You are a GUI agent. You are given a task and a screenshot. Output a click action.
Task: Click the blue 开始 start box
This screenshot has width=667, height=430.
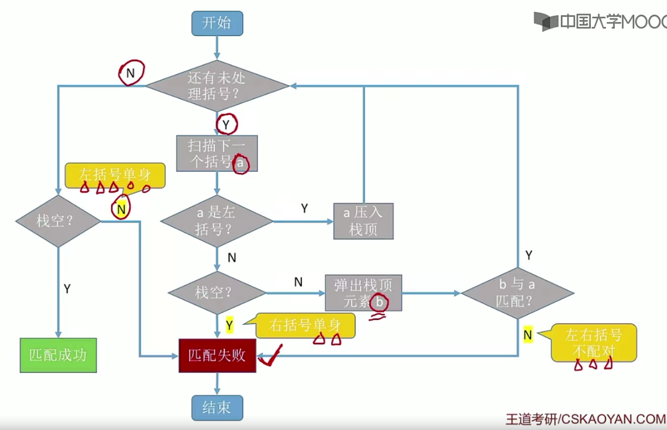coord(217,24)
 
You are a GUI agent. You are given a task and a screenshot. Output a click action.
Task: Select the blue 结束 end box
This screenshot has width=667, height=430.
coord(217,408)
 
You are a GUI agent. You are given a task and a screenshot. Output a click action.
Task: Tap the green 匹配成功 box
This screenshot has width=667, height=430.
coord(58,355)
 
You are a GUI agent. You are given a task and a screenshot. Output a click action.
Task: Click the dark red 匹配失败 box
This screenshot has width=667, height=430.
coord(217,356)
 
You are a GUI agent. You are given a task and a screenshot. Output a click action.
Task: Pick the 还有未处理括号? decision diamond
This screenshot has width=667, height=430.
coord(217,86)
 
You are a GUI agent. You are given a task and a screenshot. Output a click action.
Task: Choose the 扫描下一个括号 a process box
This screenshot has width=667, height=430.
coord(217,153)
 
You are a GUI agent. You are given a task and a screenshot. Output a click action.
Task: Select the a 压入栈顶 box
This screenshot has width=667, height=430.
coord(363,221)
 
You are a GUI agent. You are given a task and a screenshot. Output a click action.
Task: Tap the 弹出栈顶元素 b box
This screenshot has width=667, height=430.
coord(363,293)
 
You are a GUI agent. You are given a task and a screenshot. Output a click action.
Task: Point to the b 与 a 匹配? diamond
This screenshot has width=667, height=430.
coord(517,293)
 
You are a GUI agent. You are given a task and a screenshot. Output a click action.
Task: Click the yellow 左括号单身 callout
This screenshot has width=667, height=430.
coord(115,175)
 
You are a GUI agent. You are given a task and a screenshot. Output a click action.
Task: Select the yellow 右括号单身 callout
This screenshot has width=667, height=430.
coord(305,325)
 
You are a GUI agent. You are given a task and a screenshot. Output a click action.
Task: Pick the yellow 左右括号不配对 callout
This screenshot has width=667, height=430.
coord(593,342)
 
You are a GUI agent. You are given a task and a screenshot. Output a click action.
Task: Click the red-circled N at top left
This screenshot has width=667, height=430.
coord(131,73)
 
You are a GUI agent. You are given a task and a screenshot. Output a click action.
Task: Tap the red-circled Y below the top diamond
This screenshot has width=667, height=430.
coord(226,124)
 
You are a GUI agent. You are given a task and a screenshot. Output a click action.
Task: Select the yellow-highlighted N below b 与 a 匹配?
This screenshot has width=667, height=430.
coord(528,335)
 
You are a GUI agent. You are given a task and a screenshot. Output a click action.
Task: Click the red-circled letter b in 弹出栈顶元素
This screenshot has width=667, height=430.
coord(379,302)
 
